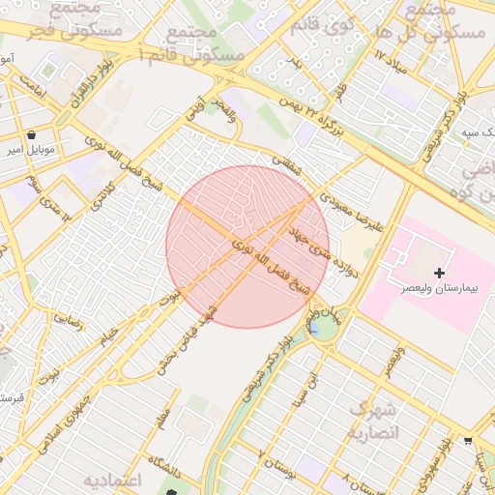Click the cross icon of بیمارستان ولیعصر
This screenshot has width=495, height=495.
click(441, 274)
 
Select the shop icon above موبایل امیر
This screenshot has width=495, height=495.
click(34, 134)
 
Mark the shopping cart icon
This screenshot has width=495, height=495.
click(469, 440)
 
